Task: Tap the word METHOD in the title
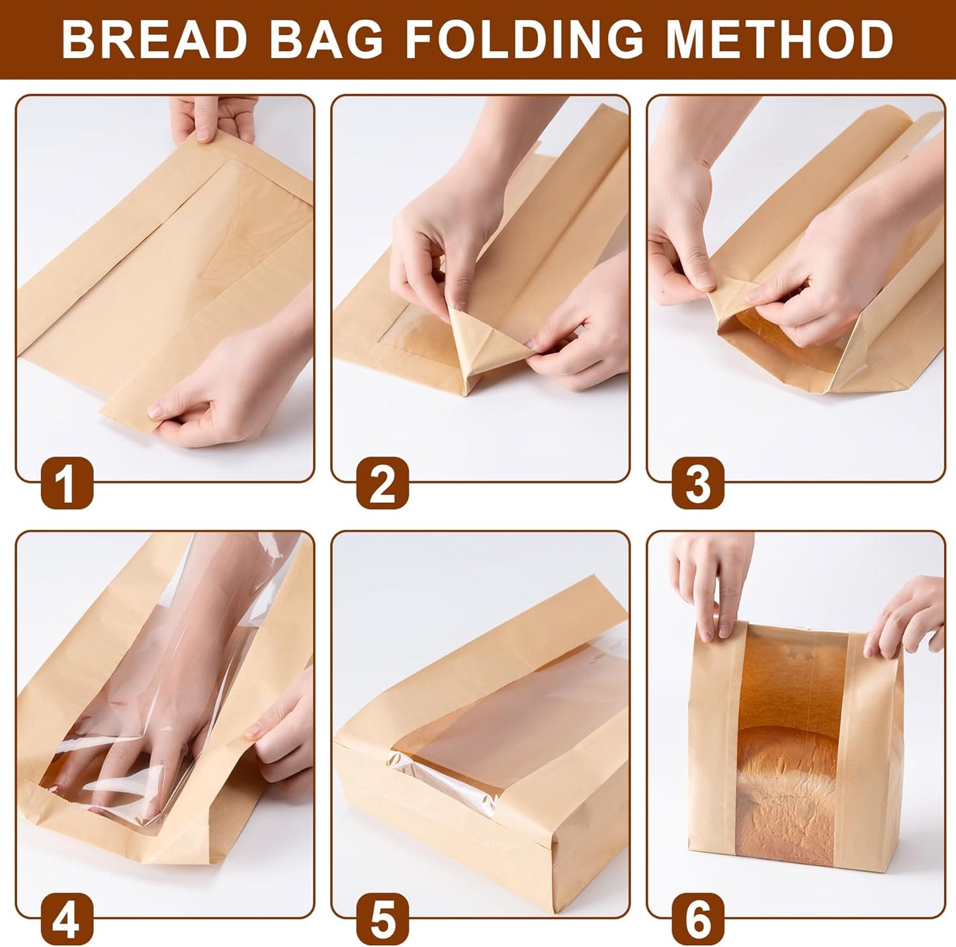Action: click(779, 40)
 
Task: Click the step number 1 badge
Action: click(67, 484)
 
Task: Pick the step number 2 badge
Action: click(382, 484)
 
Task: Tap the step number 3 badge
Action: click(698, 484)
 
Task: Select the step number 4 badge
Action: click(67, 920)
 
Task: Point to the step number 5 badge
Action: click(382, 920)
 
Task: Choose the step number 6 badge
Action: click(698, 920)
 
